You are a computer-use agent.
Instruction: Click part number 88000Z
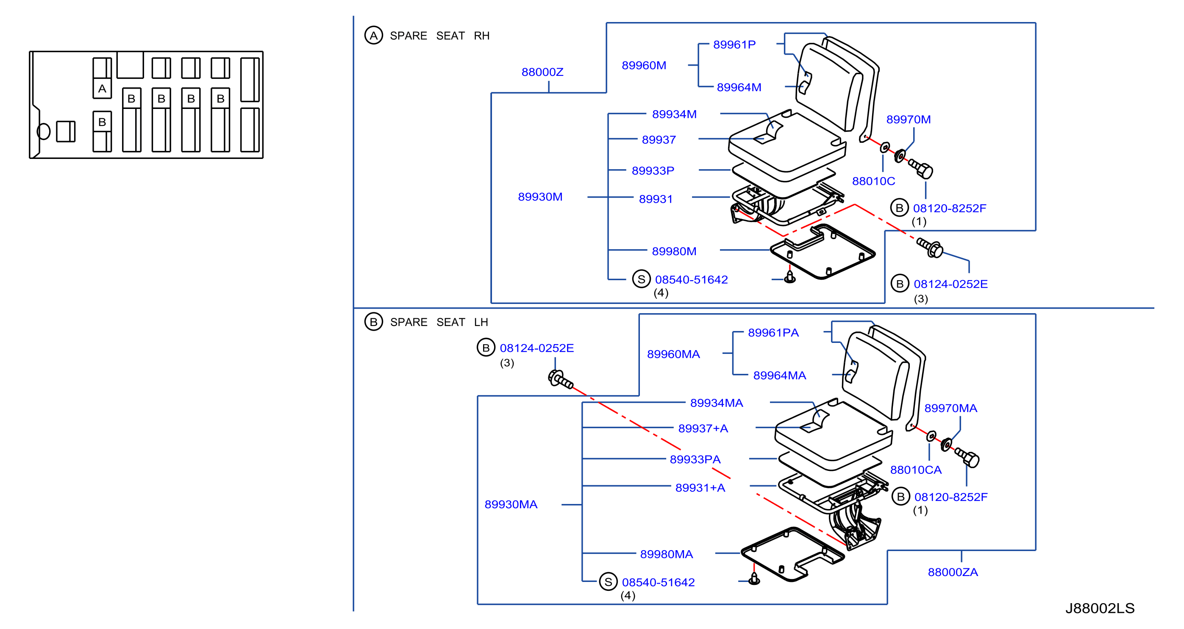click(x=542, y=72)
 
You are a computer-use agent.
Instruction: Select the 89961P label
click(x=734, y=45)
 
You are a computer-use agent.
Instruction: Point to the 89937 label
click(x=659, y=140)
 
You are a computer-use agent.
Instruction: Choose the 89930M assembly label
click(x=540, y=197)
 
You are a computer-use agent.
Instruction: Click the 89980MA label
click(x=666, y=554)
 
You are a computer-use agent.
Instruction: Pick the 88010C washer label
click(x=873, y=181)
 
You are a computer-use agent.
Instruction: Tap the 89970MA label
click(x=951, y=408)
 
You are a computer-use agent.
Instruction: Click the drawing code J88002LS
click(x=1100, y=608)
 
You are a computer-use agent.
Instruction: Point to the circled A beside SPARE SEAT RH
click(x=374, y=36)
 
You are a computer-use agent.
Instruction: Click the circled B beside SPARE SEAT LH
click(x=374, y=322)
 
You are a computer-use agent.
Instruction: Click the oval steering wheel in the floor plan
click(x=44, y=131)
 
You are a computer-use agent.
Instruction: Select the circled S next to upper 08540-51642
click(x=641, y=279)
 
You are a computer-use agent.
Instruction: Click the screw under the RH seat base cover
click(x=789, y=277)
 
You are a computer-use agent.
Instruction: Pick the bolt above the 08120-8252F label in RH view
click(x=921, y=169)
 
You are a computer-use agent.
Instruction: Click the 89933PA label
click(x=695, y=459)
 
